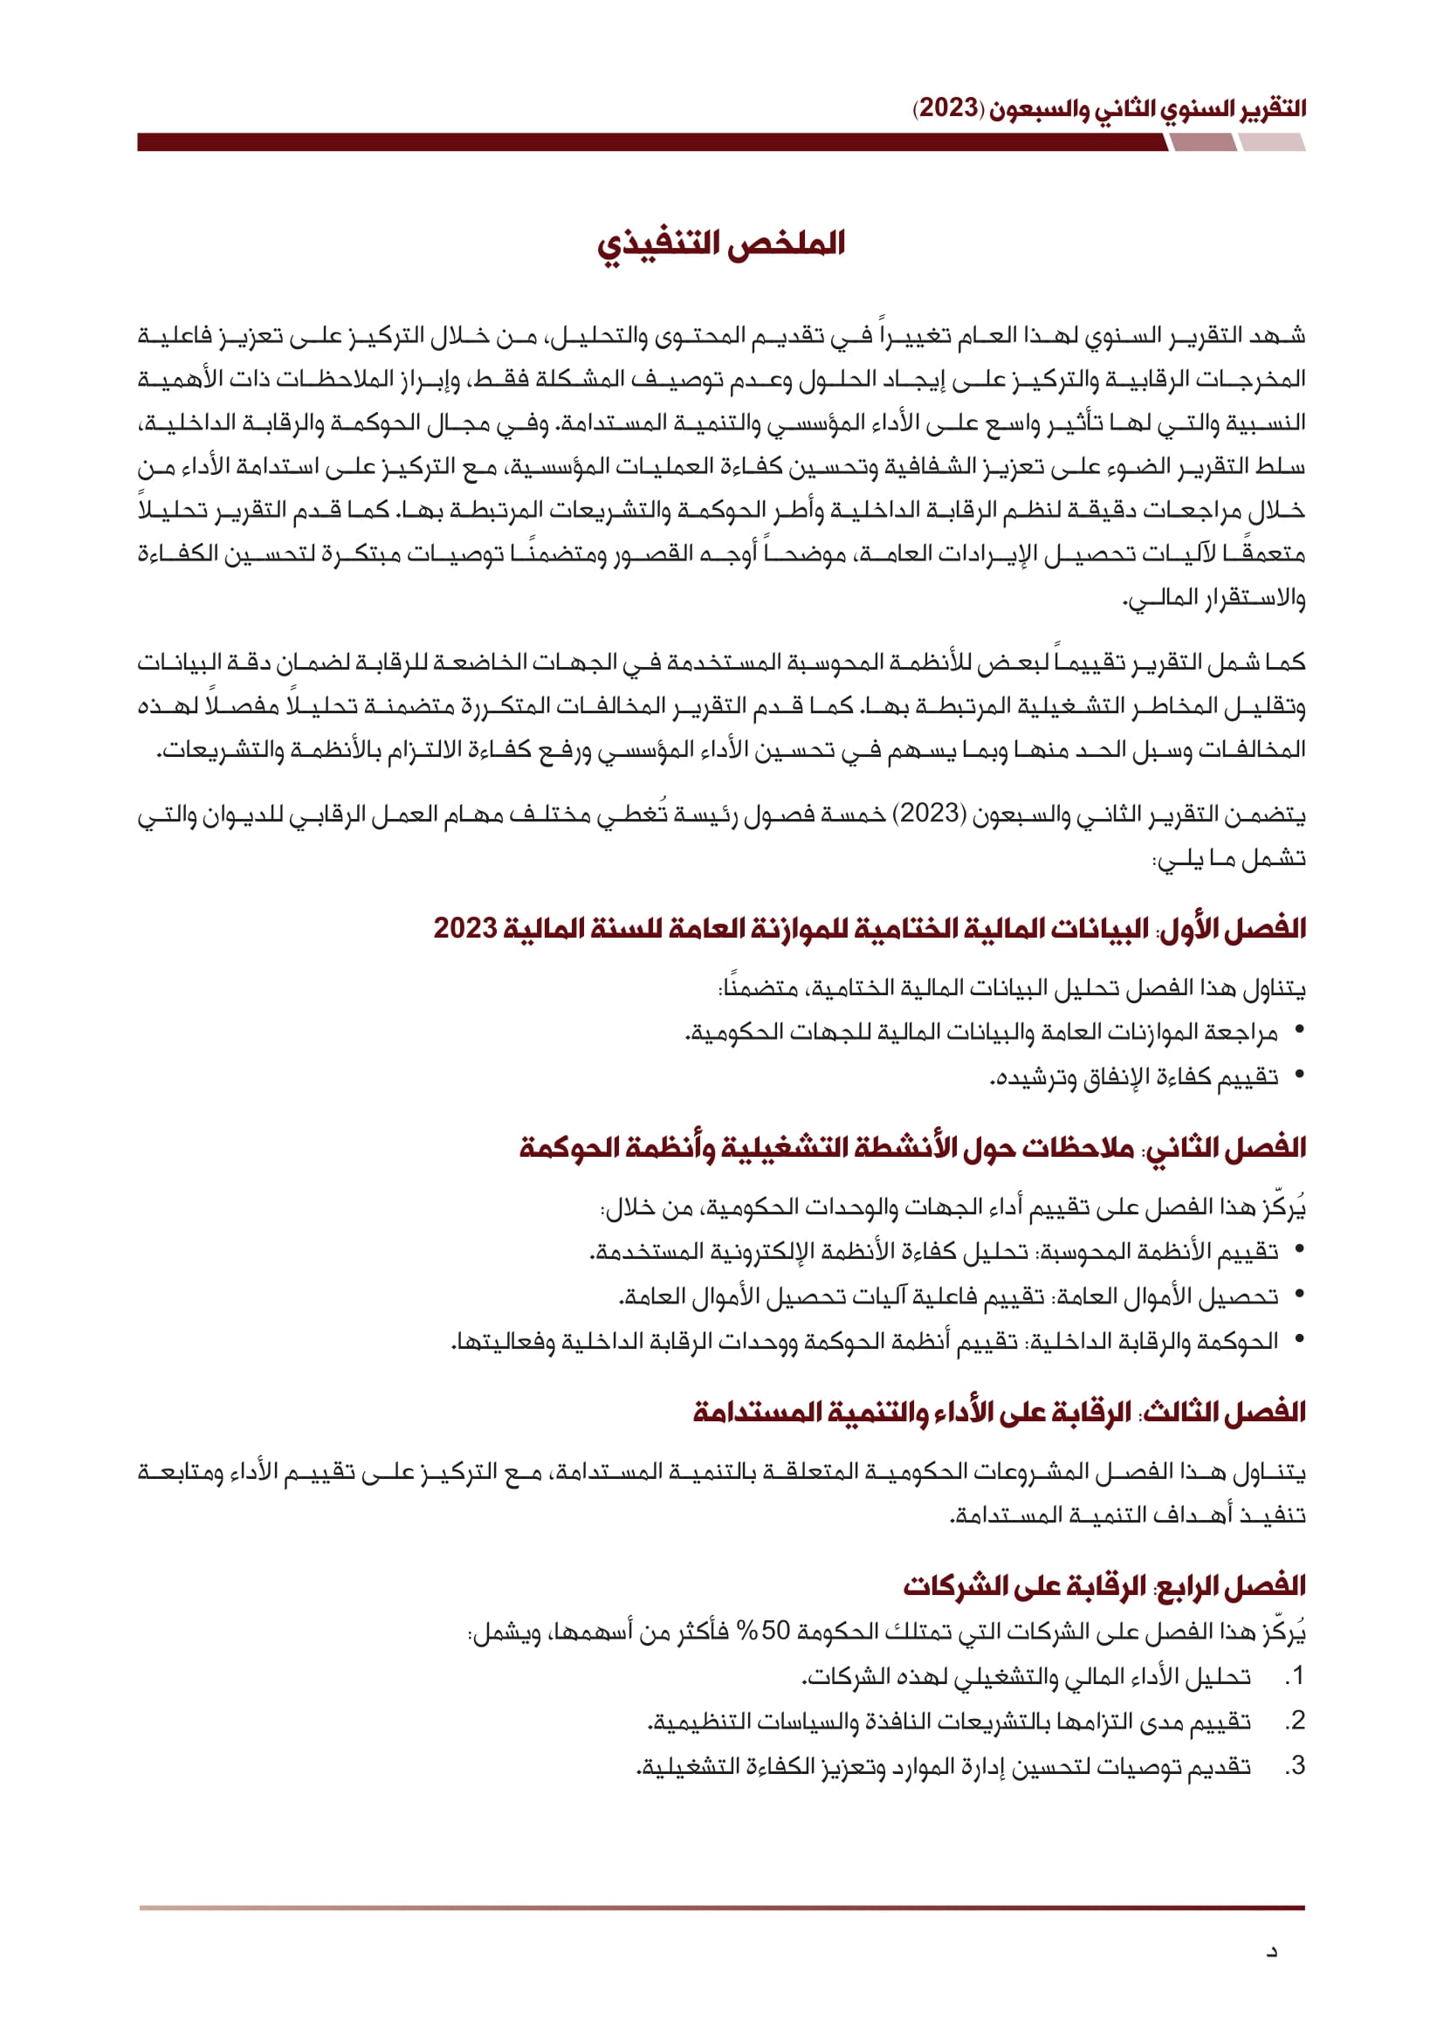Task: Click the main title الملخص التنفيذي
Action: tap(720, 244)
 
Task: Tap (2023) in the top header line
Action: tap(949, 109)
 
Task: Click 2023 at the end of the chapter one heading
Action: tap(464, 928)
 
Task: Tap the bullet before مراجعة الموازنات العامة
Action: tap(1300, 1031)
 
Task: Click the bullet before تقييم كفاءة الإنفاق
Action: tap(1300, 1076)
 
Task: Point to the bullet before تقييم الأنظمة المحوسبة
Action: tap(1300, 1250)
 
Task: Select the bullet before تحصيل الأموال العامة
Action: tap(1300, 1295)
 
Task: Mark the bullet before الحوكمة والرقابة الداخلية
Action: tap(1300, 1339)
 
